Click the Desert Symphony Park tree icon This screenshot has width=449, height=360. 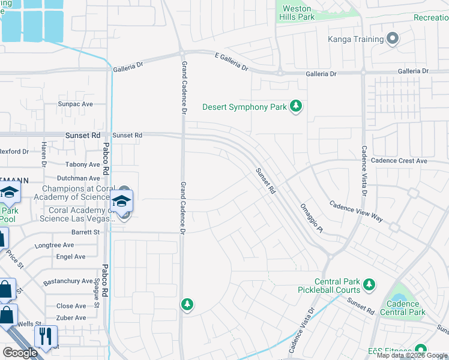(295, 107)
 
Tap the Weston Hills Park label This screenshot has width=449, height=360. (298, 13)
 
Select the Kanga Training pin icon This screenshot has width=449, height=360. (393, 40)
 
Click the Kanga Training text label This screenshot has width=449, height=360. (355, 40)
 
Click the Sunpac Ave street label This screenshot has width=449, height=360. (76, 104)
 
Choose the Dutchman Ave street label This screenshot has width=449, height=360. (78, 178)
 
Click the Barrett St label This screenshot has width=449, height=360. (86, 232)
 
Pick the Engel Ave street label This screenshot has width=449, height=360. (71, 256)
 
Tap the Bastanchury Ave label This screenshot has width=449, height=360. (68, 281)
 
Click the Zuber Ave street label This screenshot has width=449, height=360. (71, 318)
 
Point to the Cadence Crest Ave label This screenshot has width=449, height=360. (399, 161)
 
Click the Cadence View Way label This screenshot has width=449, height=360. (356, 211)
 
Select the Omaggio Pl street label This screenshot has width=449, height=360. (312, 217)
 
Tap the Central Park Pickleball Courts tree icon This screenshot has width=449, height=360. (369, 283)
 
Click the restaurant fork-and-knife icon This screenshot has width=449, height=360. (46, 335)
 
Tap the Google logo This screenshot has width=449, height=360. (20, 353)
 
